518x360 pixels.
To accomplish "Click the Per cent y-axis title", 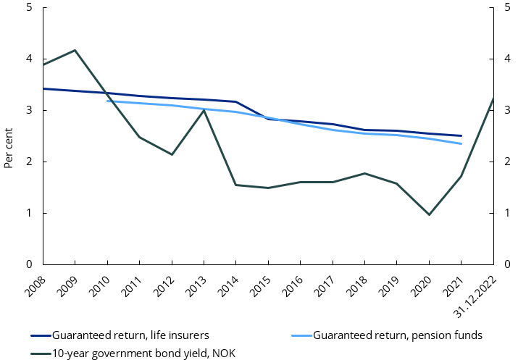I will pos(9,149).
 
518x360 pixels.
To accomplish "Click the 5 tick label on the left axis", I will pos(28,9).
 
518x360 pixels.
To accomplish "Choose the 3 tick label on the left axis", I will pos(28,111).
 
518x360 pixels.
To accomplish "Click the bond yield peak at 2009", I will pos(75,50).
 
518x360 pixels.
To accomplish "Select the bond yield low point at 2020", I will pos(429,214).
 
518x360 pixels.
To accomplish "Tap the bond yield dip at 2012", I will pos(172,154).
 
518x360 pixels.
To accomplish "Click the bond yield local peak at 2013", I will pos(204,110).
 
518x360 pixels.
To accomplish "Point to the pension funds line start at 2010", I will pos(107,101).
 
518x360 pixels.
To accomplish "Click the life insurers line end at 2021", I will pos(461,135).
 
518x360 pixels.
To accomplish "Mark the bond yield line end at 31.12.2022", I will pos(493,99).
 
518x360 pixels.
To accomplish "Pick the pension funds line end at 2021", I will pos(461,143).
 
